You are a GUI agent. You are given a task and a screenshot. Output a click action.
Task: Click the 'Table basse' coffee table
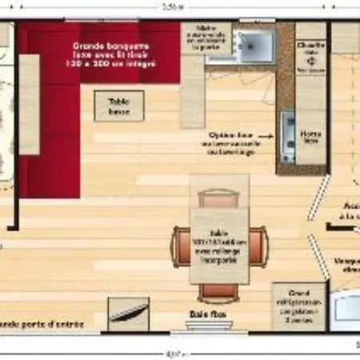(119, 105)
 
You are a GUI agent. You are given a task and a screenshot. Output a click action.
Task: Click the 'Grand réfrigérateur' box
(297, 305)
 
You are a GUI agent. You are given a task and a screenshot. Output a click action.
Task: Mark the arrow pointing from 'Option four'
(267, 137)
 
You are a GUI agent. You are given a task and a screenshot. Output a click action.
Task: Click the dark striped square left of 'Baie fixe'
(127, 314)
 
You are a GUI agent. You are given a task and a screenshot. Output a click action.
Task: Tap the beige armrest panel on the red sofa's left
(29, 104)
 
